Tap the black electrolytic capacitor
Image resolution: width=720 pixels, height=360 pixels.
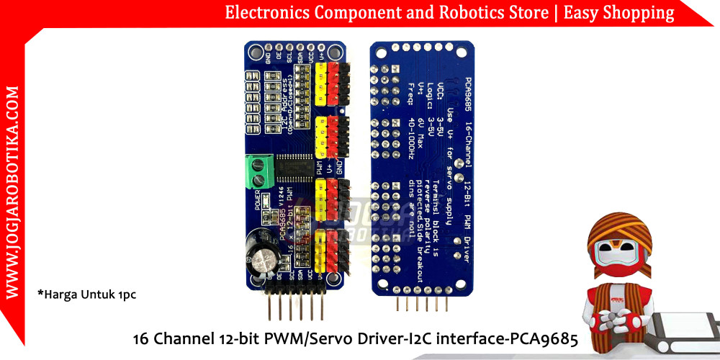tap(260, 253)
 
